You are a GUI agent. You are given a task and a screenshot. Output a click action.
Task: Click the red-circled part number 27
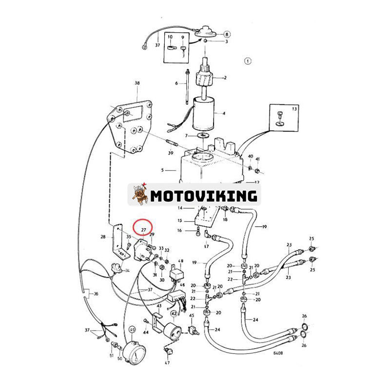[x=143, y=230]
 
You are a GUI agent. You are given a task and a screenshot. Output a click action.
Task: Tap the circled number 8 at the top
[x=227, y=34]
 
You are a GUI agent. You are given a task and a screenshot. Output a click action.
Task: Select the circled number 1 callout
[x=248, y=61]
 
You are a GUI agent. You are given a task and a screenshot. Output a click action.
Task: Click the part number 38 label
[x=137, y=83]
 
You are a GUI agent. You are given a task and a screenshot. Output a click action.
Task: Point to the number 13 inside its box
[x=294, y=109]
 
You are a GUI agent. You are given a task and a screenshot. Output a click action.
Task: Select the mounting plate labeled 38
[x=128, y=127]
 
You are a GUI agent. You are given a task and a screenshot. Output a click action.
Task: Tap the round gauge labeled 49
[x=135, y=352]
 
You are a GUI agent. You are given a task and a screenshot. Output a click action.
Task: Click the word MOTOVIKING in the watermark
[x=204, y=196]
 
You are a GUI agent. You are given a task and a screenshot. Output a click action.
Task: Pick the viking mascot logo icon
[x=140, y=195]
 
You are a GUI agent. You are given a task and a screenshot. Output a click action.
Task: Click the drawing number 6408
[x=278, y=353]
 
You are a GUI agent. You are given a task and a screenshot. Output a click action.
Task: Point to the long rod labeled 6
[x=187, y=87]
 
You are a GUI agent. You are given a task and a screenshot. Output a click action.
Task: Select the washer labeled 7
[x=203, y=136]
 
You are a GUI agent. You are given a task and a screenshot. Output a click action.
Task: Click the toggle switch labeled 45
[x=194, y=330]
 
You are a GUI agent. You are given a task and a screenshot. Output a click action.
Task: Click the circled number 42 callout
[x=174, y=314]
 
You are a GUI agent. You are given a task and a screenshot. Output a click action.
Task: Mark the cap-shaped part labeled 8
[x=205, y=32]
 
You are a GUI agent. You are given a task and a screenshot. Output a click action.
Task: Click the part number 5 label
[x=162, y=170]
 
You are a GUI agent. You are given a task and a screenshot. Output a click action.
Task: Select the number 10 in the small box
[x=170, y=37]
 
